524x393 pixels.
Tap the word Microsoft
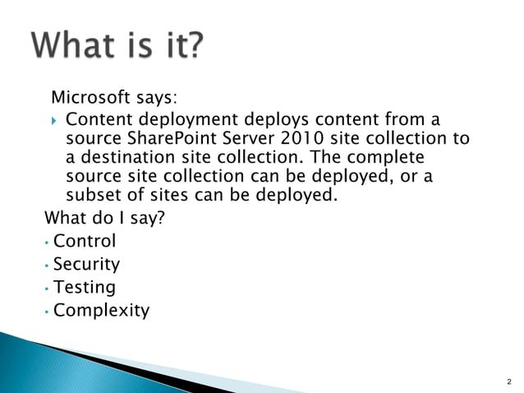[90, 99]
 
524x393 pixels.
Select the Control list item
[85, 242]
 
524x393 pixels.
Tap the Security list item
[86, 265]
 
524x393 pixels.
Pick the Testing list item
[85, 288]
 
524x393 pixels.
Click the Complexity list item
[101, 311]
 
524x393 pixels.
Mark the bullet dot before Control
[48, 243]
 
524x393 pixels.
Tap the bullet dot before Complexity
[48, 312]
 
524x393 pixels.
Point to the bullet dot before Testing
[48, 289]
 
